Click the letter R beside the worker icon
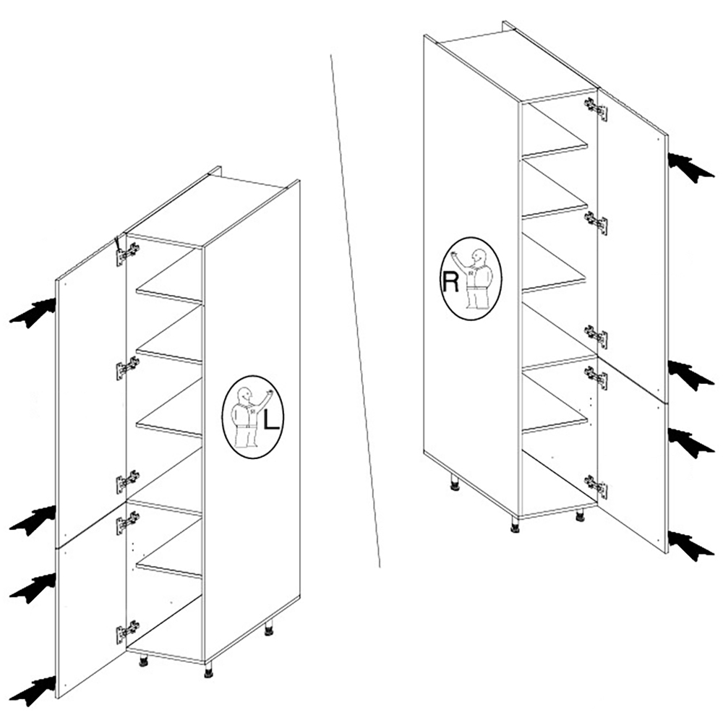450,281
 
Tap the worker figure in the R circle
476,278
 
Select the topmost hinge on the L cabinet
127,253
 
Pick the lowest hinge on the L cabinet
127,631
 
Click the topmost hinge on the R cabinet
596,109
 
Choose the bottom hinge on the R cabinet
596,487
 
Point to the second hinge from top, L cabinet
127,368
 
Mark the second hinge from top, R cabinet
596,222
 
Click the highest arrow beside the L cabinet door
33,312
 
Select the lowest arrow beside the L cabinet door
33,690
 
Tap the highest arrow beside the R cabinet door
690,168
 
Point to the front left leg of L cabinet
143,660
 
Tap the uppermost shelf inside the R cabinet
555,143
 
